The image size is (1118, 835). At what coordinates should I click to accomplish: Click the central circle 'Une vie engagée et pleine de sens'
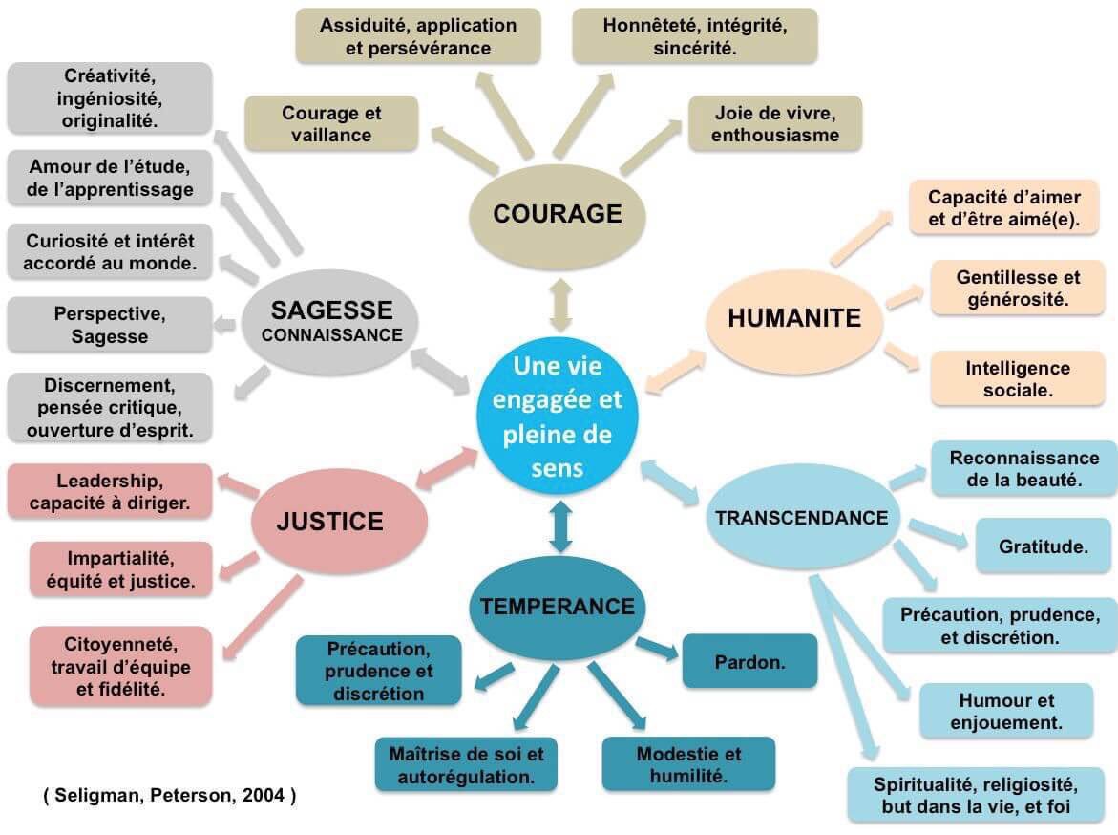point(560,418)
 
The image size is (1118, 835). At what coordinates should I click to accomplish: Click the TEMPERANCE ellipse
point(558,607)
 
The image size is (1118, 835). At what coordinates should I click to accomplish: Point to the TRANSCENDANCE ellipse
point(801,519)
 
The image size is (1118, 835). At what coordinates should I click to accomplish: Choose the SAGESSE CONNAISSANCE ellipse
point(331,322)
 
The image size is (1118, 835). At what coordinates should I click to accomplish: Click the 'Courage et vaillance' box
point(331,124)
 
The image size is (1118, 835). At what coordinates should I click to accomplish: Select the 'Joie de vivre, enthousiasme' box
point(774,124)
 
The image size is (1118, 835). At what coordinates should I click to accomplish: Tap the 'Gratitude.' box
point(1043,547)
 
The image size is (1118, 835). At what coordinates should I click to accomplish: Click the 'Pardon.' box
point(749,661)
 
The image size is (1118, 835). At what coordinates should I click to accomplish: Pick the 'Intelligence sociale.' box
point(1017,379)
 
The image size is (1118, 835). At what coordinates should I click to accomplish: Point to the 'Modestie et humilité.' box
point(688,764)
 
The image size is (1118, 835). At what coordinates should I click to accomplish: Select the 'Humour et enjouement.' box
point(1006,712)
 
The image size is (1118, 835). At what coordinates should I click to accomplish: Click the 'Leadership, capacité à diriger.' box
point(109,491)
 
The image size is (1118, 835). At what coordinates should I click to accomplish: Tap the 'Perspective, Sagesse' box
point(109,325)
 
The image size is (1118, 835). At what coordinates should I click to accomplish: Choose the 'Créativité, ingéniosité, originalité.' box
point(110,97)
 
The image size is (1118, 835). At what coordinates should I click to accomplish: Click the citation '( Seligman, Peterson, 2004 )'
point(170,795)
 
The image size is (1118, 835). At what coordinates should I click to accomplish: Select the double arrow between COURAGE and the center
point(559,306)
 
